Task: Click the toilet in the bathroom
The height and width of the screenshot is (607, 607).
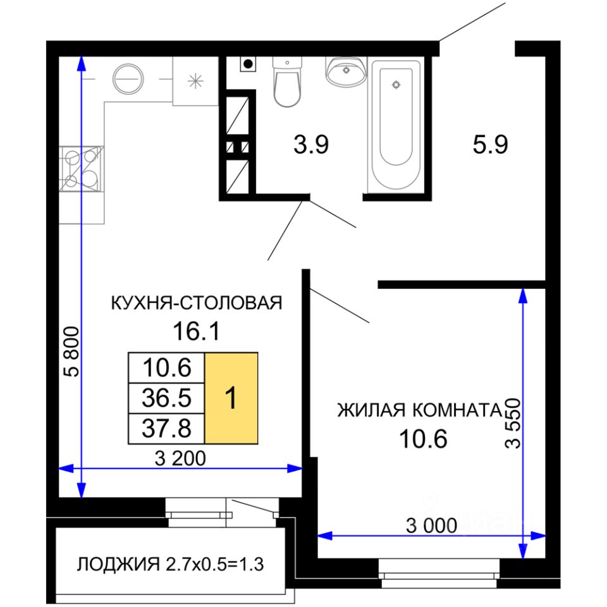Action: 287,82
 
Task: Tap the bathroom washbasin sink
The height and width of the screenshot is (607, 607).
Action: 346,71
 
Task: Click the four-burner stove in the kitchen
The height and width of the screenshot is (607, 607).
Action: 82,169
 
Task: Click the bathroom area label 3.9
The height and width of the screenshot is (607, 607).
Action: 311,145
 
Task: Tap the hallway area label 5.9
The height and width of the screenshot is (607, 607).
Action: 490,145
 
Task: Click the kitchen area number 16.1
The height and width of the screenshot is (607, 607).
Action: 196,332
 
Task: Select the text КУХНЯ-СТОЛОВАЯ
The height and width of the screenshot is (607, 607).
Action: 197,303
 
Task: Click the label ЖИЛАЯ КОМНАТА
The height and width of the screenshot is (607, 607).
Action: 420,410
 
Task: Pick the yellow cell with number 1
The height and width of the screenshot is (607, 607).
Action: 231,398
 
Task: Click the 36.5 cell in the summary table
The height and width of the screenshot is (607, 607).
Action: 166,398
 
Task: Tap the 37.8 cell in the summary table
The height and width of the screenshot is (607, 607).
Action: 166,429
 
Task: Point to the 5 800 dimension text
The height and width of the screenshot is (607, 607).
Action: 72,352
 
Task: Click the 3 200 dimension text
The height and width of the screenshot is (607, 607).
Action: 180,458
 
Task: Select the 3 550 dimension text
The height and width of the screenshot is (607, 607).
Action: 513,423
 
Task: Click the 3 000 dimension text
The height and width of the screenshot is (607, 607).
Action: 431,525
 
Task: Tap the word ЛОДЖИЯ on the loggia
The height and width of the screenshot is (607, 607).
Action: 118,565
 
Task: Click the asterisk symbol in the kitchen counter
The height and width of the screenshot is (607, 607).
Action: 195,81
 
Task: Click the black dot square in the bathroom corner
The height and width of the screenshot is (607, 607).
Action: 248,64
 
